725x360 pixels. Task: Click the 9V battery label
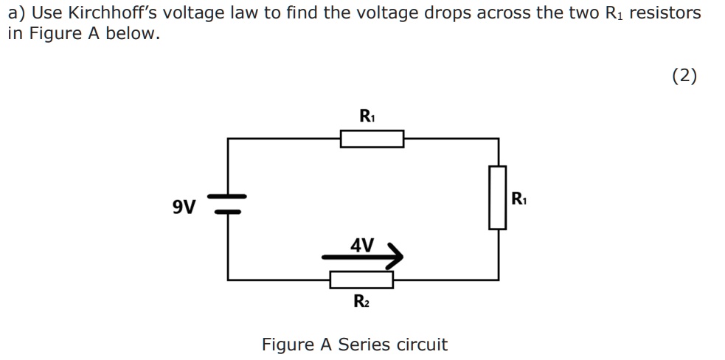[184, 207]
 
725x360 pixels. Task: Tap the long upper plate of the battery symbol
[227, 197]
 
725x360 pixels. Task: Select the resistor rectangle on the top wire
[372, 139]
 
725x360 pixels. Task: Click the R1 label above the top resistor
[367, 116]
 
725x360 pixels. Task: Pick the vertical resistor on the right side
[498, 197]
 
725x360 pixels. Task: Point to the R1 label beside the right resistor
[518, 198]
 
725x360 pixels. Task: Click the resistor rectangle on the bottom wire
[361, 280]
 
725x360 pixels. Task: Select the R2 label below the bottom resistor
[361, 301]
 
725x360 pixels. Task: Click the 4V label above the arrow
[361, 244]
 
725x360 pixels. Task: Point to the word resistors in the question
[668, 13]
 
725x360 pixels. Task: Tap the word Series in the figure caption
[365, 345]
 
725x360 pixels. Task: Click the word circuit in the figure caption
[422, 345]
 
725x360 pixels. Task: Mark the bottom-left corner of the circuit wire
[227, 280]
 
